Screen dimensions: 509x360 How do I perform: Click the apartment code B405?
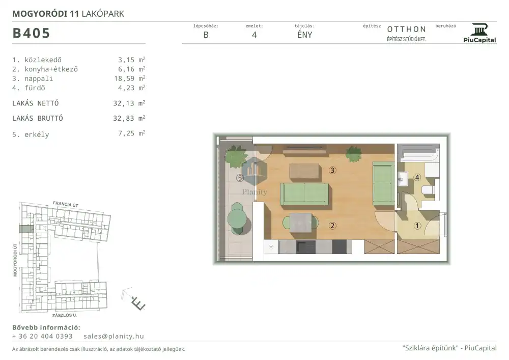tap(31, 33)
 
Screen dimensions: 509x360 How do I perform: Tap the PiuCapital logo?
tap(479, 33)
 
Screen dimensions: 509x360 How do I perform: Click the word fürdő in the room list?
tap(35, 88)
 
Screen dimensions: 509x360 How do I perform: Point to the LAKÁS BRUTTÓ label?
tap(38, 118)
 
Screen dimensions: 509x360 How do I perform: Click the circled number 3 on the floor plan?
tap(332, 170)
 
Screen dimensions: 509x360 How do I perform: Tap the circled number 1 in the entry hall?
tap(417, 226)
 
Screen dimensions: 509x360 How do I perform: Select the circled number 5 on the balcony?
tap(240, 178)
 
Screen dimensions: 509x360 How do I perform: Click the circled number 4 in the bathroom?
tap(417, 177)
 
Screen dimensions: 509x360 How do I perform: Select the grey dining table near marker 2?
tap(301, 223)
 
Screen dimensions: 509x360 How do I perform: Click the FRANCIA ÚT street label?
tap(66, 204)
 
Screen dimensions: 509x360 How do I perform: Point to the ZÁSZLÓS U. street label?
tap(65, 315)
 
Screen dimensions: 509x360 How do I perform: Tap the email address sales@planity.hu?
tap(114, 336)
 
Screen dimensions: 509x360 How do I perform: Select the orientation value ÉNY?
tap(304, 35)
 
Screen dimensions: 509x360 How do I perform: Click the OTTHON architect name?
tap(406, 29)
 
